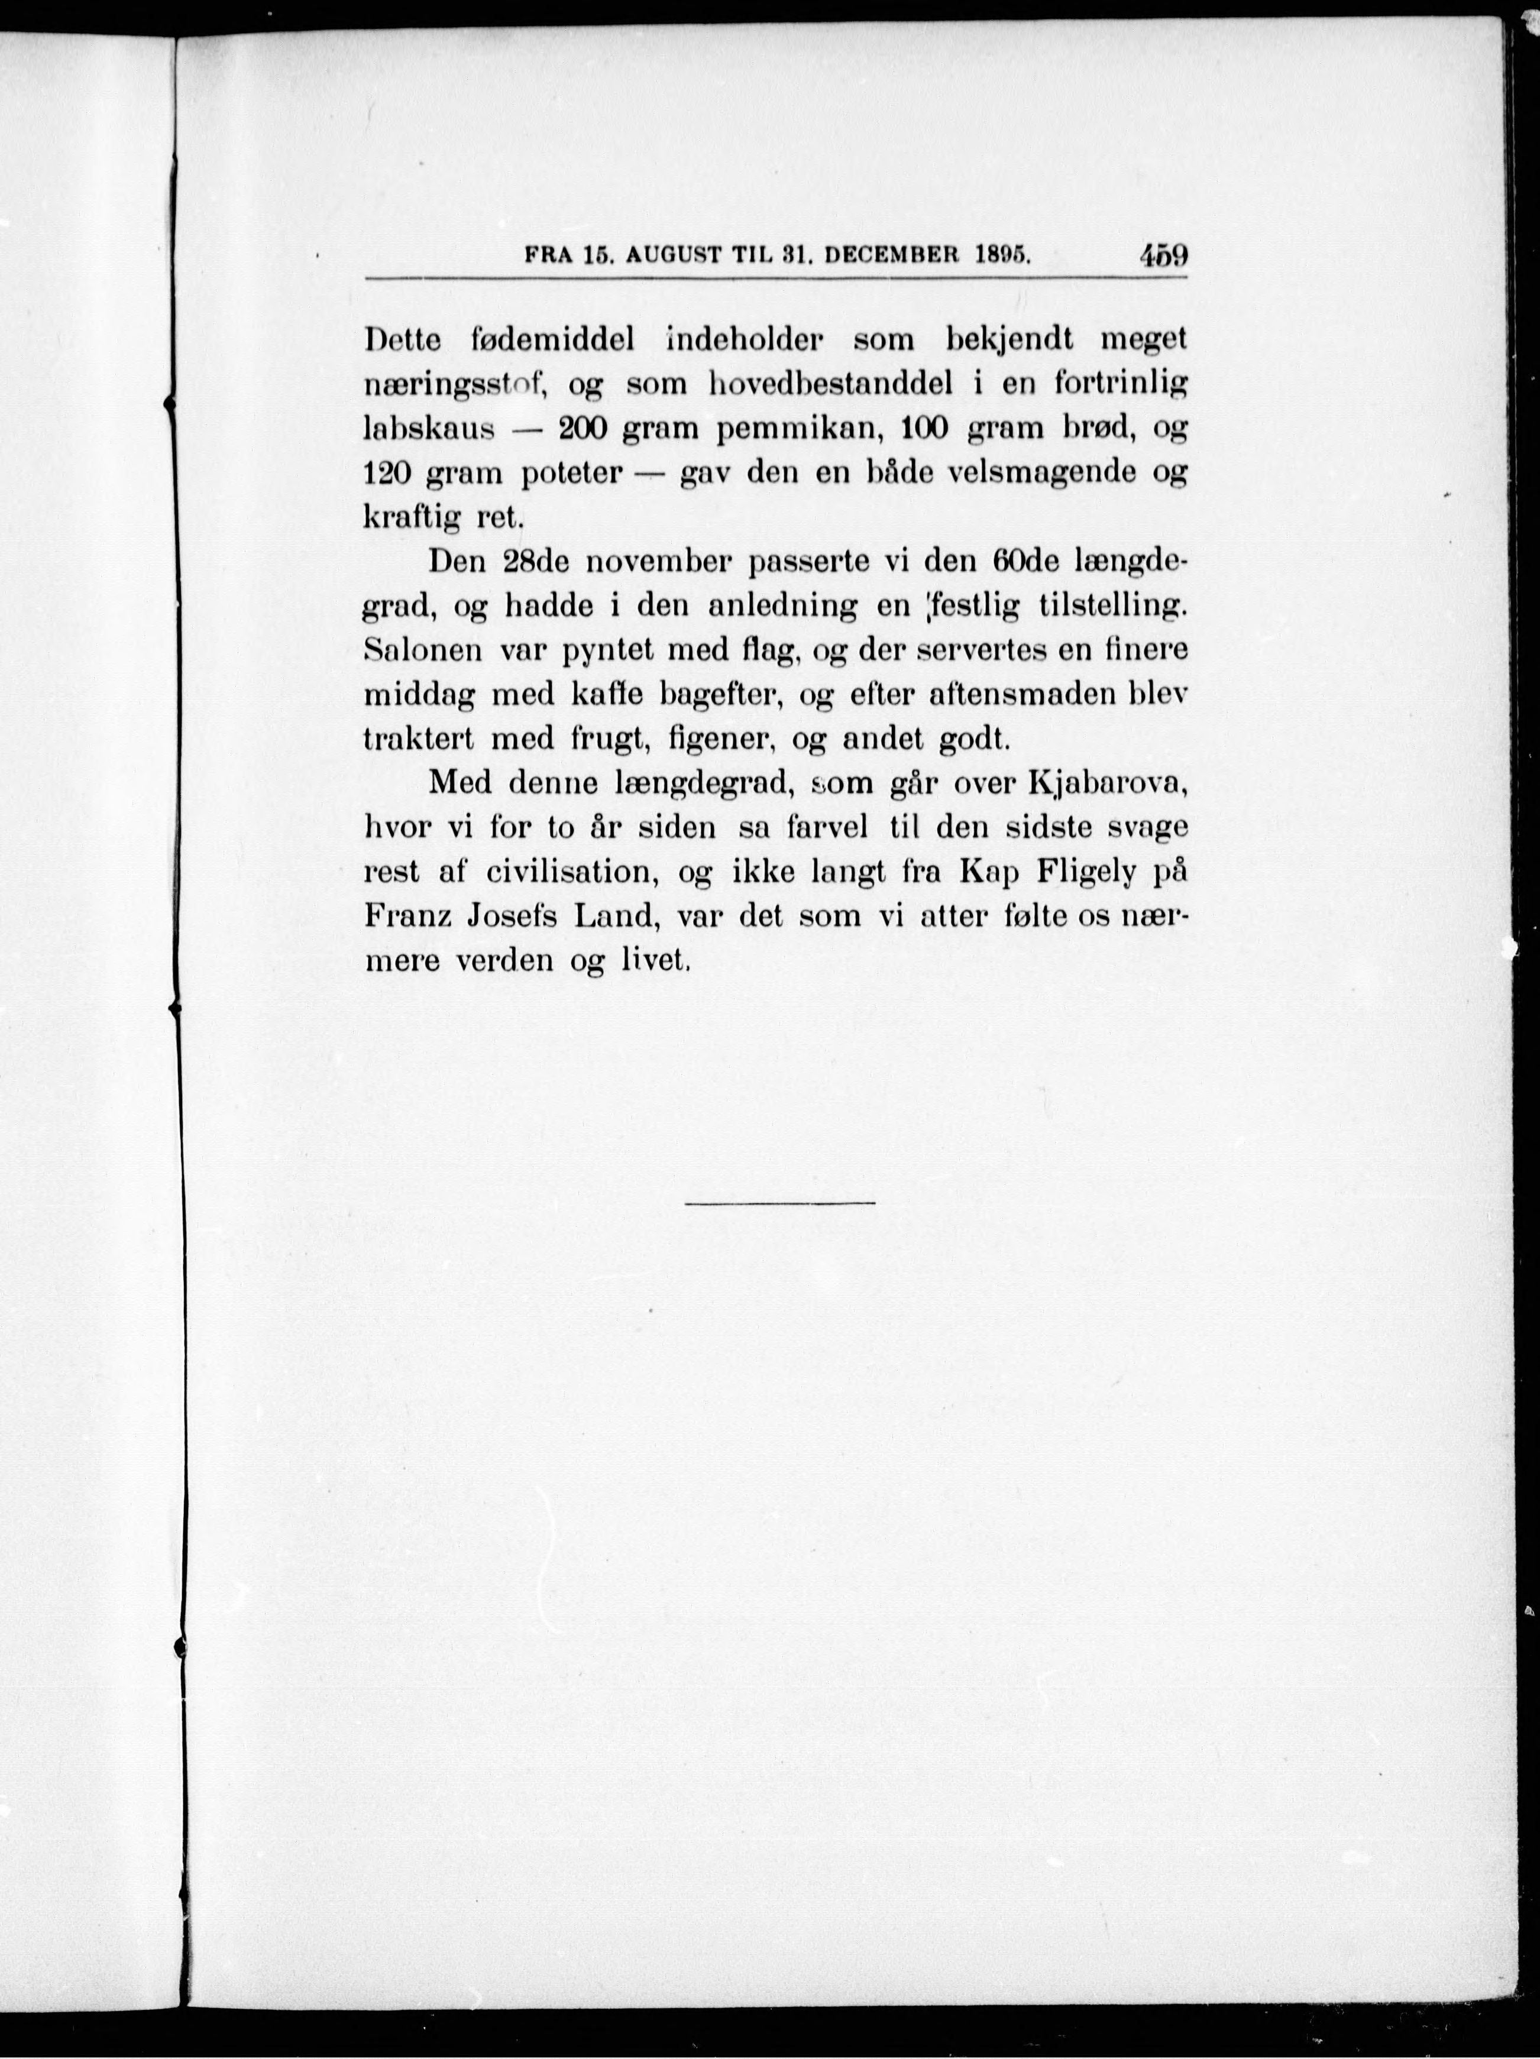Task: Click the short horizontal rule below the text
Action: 780,1203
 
